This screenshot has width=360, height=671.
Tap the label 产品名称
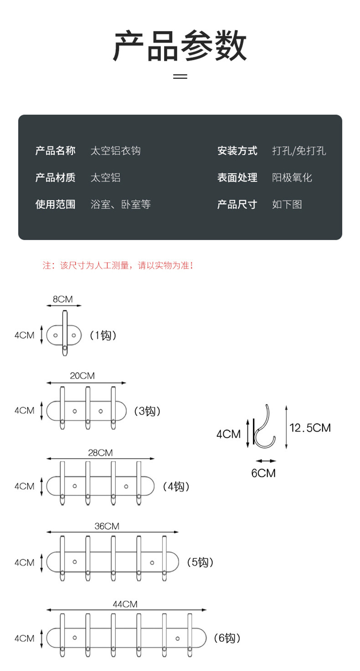click(55, 150)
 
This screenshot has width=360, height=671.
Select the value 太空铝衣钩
click(115, 150)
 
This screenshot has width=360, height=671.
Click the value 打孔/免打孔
click(299, 150)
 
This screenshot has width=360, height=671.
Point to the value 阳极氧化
click(292, 177)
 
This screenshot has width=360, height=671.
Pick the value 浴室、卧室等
click(120, 204)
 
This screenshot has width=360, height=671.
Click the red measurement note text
click(118, 265)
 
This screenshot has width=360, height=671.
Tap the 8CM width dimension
click(62, 299)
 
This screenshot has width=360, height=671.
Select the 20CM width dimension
click(82, 376)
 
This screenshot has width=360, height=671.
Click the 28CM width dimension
click(100, 453)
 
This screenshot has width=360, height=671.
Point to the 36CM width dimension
click(107, 526)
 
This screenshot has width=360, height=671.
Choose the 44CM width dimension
click(125, 604)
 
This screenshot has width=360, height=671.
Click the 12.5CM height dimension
click(310, 428)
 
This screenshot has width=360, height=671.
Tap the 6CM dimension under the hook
click(263, 473)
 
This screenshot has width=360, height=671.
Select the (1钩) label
click(103, 335)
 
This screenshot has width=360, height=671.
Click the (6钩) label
click(226, 638)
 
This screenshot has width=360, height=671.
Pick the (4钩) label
click(176, 486)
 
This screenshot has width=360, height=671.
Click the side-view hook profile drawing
click(263, 427)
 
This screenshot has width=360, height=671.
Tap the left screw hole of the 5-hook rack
click(75, 562)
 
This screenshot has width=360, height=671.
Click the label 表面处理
click(237, 177)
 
